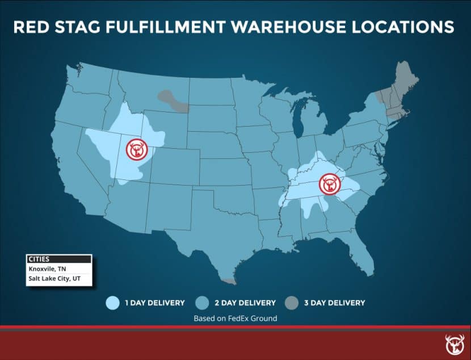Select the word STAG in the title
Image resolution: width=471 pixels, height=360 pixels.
tap(75, 27)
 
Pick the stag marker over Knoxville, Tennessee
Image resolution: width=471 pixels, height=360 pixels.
tap(330, 184)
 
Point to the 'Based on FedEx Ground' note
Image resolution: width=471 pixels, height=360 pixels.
tap(235, 319)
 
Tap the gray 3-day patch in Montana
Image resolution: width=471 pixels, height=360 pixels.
tap(173, 101)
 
